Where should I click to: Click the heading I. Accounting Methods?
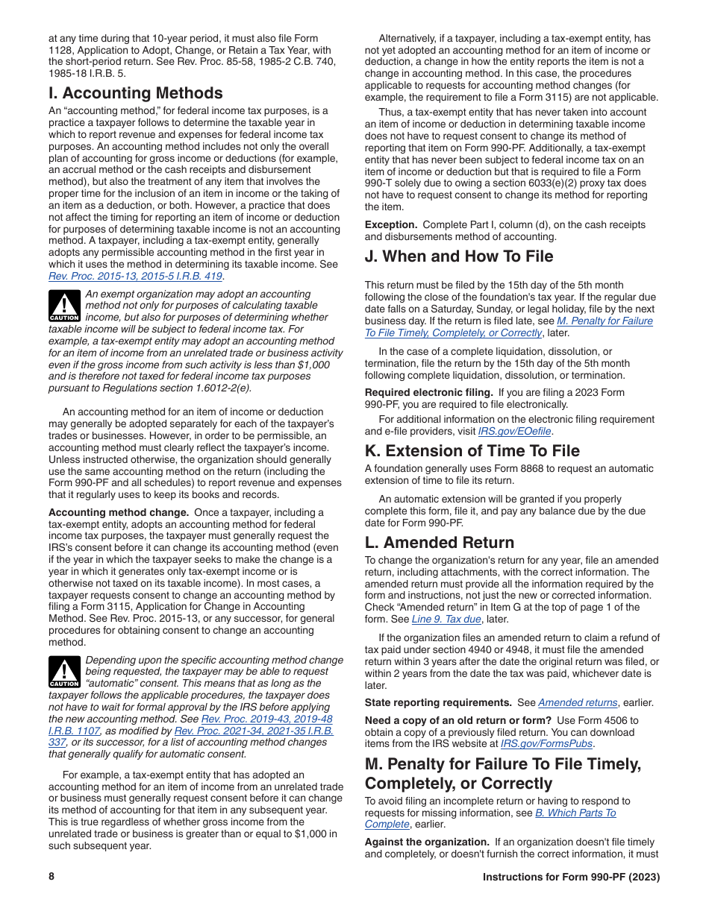[135, 93]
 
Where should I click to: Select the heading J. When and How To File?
[458, 256]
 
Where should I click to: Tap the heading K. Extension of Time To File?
[472, 451]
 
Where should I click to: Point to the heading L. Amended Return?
[439, 543]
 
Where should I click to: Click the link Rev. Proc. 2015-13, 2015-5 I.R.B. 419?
[135, 276]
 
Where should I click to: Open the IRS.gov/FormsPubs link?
[547, 743]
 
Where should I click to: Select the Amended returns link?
[578, 702]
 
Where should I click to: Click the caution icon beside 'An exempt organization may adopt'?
[64, 306]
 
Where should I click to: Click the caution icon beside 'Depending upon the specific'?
[64, 672]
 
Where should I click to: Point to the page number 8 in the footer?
[51, 877]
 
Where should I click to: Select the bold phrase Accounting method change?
[118, 512]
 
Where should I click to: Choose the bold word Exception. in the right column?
[390, 224]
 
